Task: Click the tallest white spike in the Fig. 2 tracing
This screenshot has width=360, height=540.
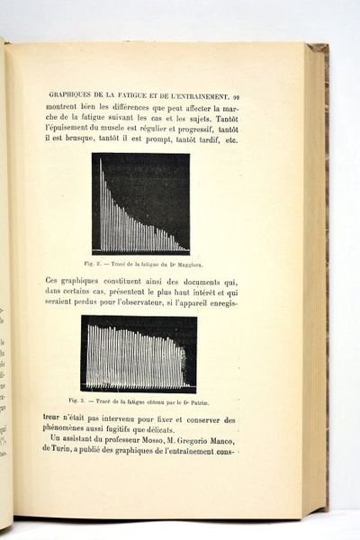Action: (x=101, y=162)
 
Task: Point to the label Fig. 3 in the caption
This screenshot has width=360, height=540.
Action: (x=76, y=400)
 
